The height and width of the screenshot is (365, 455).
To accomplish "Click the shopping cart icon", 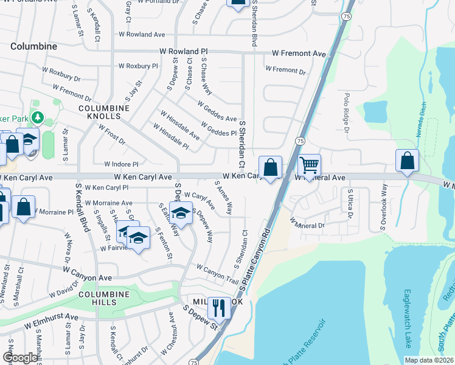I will pyautogui.click(x=310, y=164).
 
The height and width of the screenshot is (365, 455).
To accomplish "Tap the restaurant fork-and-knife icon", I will pyautogui.click(x=219, y=308).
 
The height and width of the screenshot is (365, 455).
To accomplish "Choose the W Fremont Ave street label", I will pyautogui.click(x=299, y=55).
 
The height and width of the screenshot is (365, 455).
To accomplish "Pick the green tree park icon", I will pyautogui.click(x=38, y=116).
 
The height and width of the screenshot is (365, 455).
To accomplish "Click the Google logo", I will pyautogui.click(x=21, y=358).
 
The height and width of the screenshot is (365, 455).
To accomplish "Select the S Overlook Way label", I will pyautogui.click(x=384, y=210).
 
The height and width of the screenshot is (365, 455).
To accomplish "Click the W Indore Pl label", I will pyautogui.click(x=122, y=164).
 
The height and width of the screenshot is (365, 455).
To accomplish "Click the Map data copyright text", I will pyautogui.click(x=429, y=360).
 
